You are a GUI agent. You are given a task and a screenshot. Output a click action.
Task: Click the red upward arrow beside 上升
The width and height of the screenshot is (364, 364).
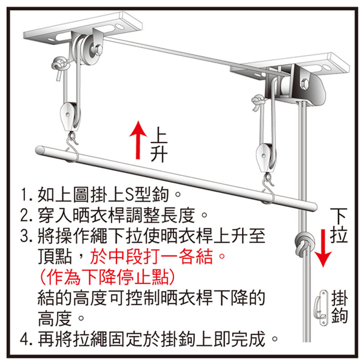pos(138,140)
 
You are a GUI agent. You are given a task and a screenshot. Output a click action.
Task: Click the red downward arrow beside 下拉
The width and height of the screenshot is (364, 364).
pos(323,248)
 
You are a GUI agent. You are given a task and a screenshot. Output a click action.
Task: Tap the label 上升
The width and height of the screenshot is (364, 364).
pos(159,144)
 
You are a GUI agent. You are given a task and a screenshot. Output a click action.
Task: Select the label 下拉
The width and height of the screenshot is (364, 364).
pos(339,226)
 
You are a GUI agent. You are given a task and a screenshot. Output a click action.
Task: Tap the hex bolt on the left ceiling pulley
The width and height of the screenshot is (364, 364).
pos(98,51)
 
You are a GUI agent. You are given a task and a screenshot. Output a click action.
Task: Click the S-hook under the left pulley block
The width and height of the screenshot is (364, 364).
pos(73,147)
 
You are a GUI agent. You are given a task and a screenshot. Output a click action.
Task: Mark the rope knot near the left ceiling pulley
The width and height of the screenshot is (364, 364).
pos(60,66)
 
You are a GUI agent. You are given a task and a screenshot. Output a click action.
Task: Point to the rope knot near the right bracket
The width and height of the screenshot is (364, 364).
pos(259,102)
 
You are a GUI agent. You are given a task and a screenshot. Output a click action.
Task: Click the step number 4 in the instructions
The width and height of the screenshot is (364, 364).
pos(25,339)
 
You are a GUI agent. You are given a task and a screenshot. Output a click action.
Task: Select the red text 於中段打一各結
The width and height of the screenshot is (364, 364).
pos(152,256)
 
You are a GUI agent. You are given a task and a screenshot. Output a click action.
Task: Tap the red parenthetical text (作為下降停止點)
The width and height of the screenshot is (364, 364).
pos(107,277)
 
